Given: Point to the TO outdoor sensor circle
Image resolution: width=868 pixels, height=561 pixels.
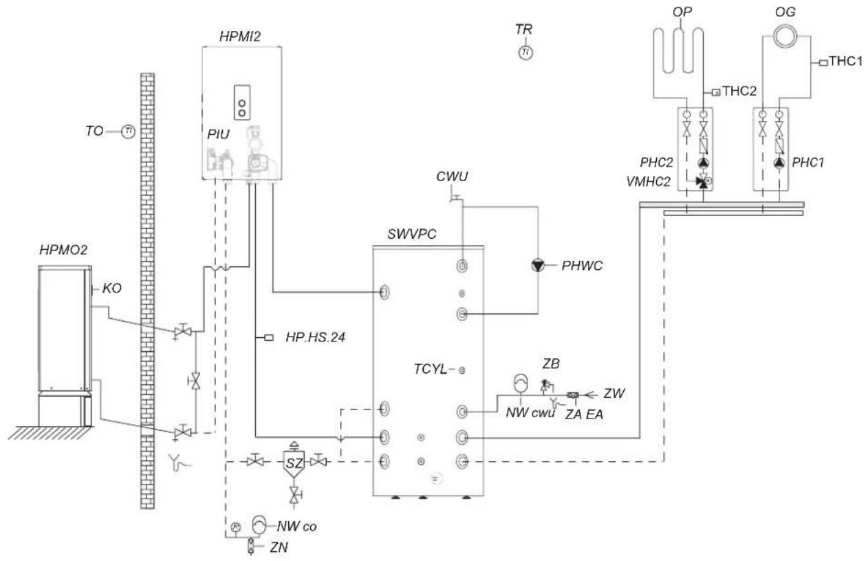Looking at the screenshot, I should pyautogui.click(x=127, y=131).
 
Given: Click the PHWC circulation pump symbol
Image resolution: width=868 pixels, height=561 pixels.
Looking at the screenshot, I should pyautogui.click(x=538, y=265).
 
